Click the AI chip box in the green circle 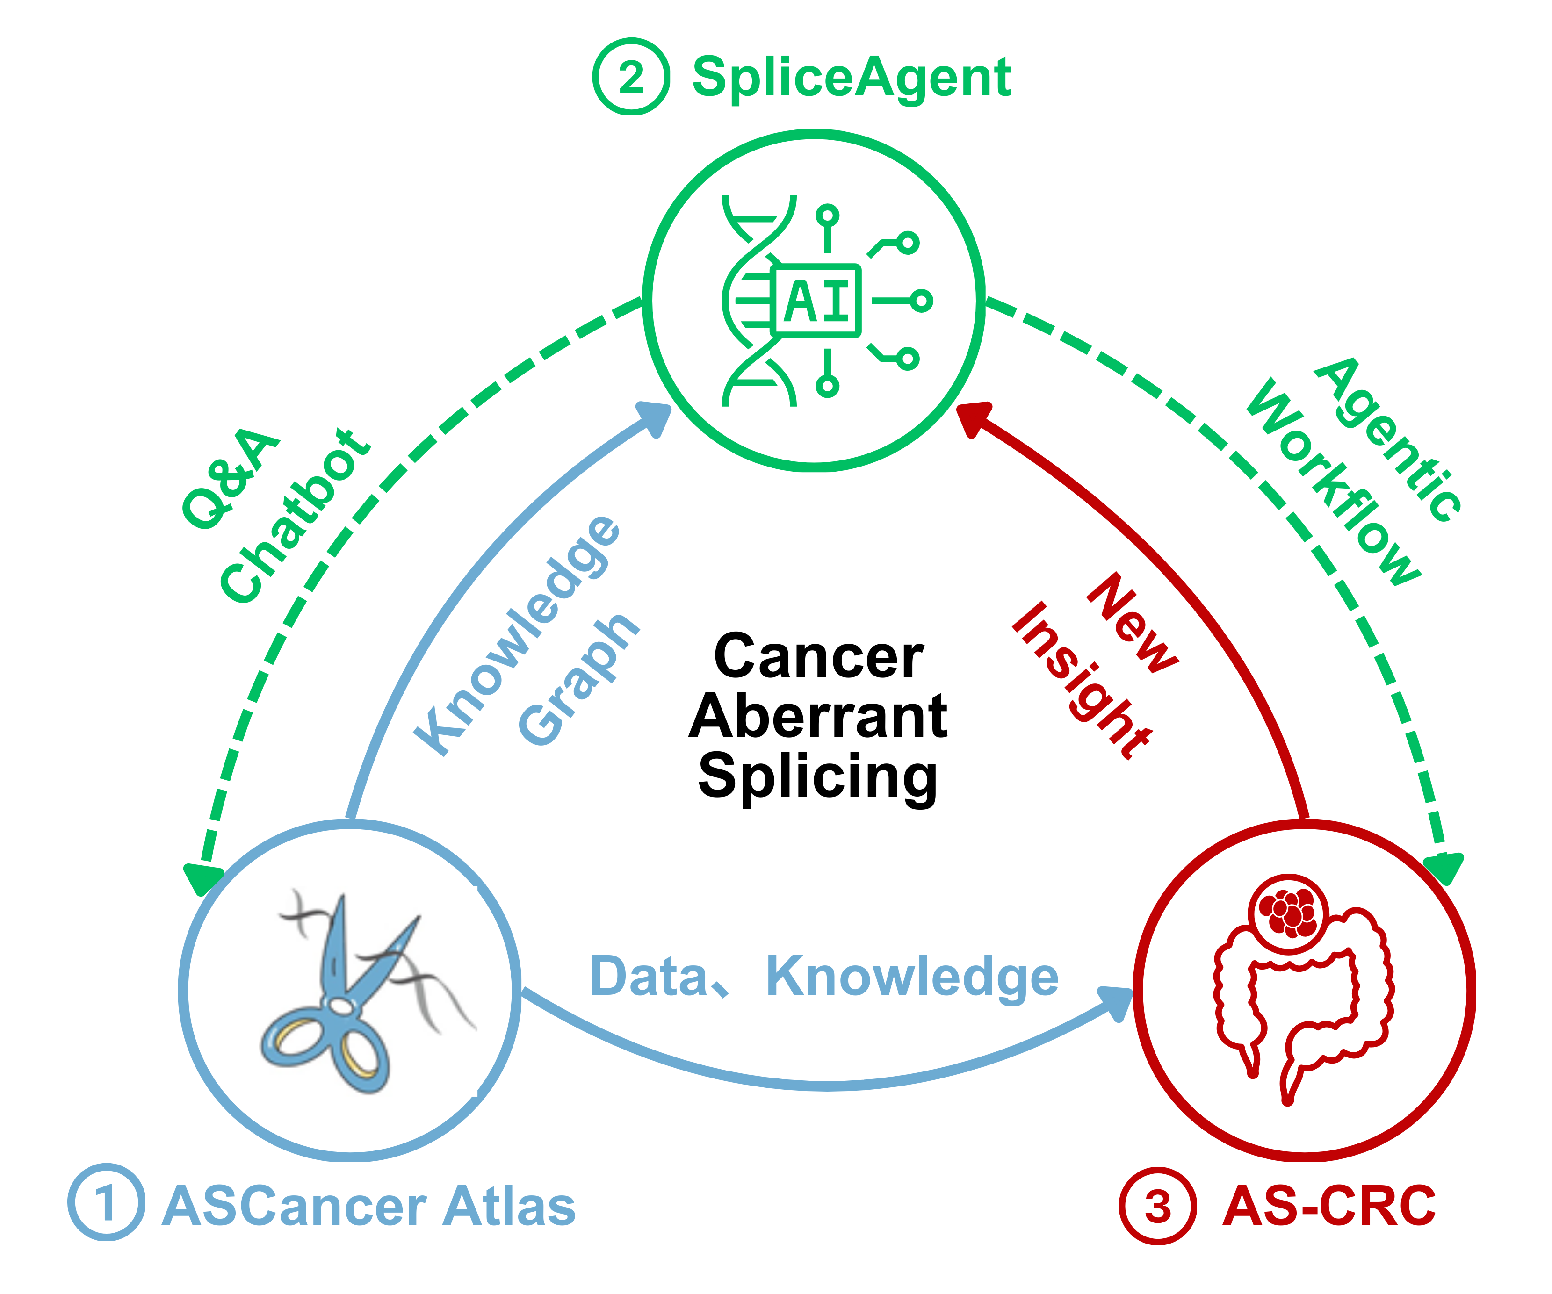[816, 301]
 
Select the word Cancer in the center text [818, 656]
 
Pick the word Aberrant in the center [818, 716]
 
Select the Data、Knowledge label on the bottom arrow [824, 977]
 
